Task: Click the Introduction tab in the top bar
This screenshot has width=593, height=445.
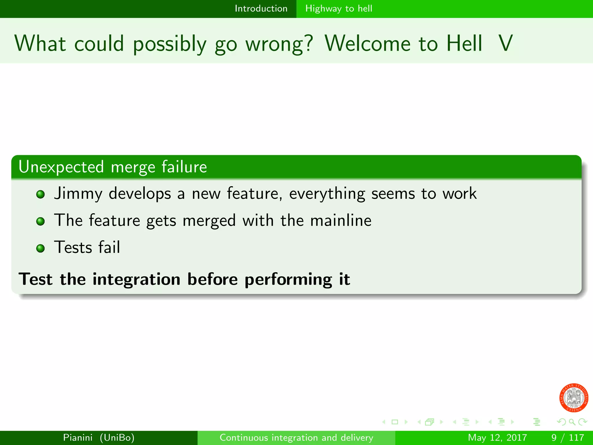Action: (261, 9)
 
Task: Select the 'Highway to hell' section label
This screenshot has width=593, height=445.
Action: (338, 9)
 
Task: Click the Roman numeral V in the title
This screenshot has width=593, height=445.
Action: (506, 43)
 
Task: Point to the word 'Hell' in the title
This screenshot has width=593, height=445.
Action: (464, 43)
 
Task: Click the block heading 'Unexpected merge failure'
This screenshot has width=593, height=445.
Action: (113, 167)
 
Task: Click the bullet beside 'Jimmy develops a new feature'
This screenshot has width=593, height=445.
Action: (41, 194)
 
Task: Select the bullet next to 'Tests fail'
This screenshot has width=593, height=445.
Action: (41, 248)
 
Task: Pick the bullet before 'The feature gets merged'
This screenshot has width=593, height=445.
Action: (41, 222)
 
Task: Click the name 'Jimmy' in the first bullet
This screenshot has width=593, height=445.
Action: (78, 194)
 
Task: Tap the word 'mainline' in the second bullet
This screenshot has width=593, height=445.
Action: (341, 220)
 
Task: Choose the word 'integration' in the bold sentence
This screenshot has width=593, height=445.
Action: (136, 279)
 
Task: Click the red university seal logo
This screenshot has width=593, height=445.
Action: (574, 398)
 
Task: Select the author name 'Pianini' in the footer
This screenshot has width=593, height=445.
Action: (78, 437)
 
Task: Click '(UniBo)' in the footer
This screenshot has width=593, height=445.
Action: (117, 437)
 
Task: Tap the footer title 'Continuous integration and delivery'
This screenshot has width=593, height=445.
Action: (296, 437)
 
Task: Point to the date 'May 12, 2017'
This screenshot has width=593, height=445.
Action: (497, 437)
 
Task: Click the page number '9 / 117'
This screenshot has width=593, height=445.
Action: (568, 437)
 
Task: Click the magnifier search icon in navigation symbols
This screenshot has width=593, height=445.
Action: (572, 422)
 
